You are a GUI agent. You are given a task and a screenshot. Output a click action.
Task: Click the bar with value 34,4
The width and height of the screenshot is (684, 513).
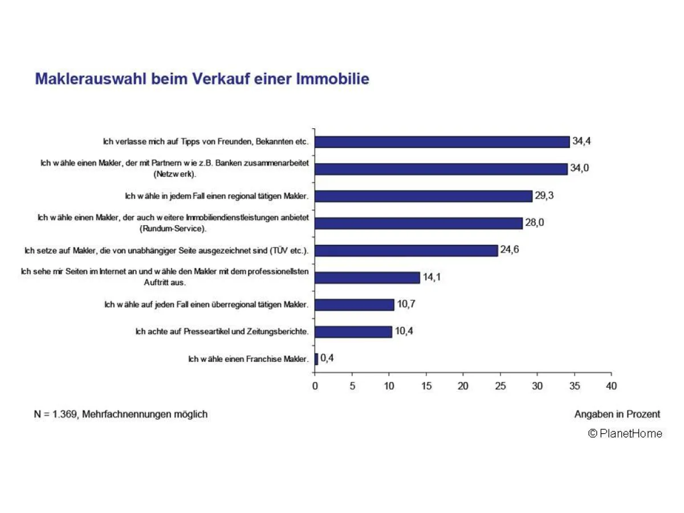pos(442,142)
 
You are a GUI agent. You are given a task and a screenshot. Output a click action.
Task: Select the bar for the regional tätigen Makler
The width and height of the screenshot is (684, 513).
pos(423,196)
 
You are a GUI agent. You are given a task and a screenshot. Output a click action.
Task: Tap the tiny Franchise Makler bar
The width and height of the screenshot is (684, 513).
pos(316,359)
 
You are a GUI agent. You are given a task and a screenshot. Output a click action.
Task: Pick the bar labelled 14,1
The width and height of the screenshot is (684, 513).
pos(367,278)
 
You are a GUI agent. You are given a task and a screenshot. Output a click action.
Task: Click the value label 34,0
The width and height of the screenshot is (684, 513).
pos(579,168)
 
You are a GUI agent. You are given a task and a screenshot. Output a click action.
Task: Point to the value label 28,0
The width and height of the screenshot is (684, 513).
pos(535,223)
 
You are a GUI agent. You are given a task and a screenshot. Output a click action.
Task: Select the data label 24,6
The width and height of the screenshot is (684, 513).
pos(510,250)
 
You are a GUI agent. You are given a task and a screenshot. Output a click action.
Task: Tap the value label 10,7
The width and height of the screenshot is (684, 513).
pos(406,304)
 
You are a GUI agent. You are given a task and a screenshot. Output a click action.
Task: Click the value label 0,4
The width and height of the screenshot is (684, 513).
pos(327,359)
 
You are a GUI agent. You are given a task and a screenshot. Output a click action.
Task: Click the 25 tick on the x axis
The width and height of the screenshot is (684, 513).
pos(500,386)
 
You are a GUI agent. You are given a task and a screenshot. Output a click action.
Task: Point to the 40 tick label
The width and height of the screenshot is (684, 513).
pos(611,386)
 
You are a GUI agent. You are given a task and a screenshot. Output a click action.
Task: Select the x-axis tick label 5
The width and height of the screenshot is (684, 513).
pos(352,386)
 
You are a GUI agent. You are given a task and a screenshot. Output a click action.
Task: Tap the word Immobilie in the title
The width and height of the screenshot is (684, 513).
pos(332,79)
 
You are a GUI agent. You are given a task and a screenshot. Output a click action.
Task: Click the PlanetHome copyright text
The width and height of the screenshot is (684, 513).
pos(625,434)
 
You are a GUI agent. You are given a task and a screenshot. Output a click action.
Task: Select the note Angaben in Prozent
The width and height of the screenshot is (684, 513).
pos(617,414)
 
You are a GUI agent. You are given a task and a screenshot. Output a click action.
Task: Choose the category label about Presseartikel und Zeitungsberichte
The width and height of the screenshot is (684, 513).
pos(222,332)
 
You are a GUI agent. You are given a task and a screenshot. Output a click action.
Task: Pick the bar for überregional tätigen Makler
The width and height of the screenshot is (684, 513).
pos(354,305)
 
